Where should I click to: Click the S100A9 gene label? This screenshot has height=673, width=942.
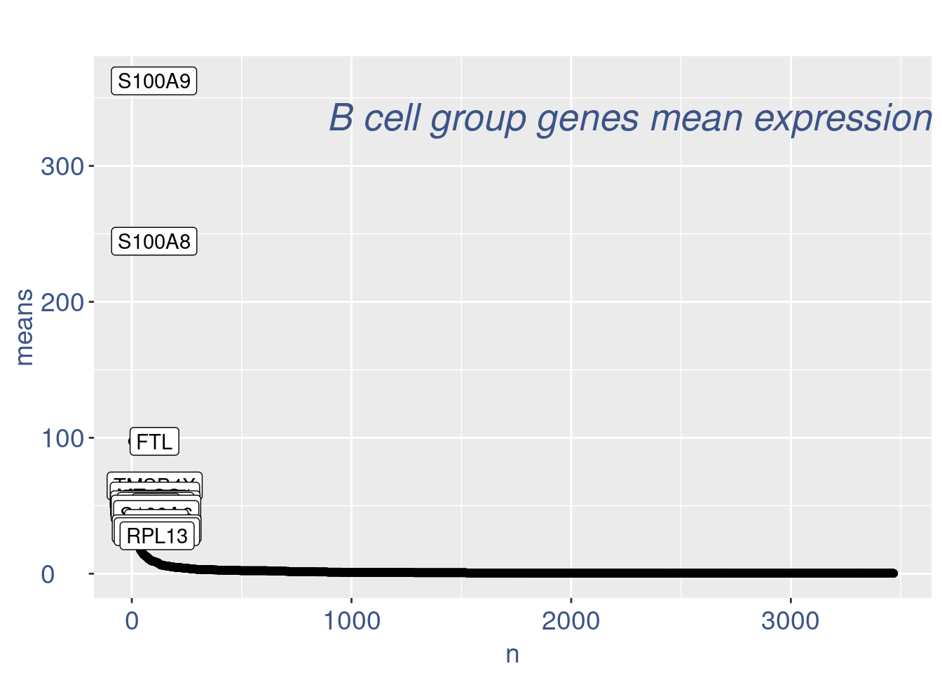click(x=154, y=81)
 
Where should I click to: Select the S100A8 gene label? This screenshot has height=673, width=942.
click(x=154, y=242)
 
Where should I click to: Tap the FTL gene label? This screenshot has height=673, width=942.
click(x=154, y=442)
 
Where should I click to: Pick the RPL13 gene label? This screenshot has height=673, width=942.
click(x=157, y=536)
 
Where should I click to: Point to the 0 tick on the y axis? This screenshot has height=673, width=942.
click(x=48, y=574)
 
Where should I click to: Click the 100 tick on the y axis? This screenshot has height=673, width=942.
click(x=62, y=439)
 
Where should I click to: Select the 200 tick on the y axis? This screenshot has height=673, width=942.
click(x=62, y=303)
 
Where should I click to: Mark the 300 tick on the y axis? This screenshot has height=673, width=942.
click(x=62, y=167)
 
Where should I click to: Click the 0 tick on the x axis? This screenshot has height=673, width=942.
click(x=132, y=621)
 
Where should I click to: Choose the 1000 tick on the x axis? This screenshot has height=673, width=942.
click(x=351, y=621)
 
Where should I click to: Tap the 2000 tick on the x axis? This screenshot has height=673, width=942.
click(x=571, y=621)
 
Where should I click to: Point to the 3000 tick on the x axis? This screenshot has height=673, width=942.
click(x=790, y=621)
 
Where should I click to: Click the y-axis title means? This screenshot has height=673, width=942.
click(x=24, y=327)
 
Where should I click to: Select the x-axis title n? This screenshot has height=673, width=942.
click(x=512, y=654)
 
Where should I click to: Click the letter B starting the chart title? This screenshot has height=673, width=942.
click(x=341, y=118)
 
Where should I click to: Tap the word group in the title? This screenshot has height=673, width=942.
click(x=478, y=119)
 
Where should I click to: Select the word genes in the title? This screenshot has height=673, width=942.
click(x=588, y=119)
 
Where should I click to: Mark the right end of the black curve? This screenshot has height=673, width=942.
click(x=893, y=573)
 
